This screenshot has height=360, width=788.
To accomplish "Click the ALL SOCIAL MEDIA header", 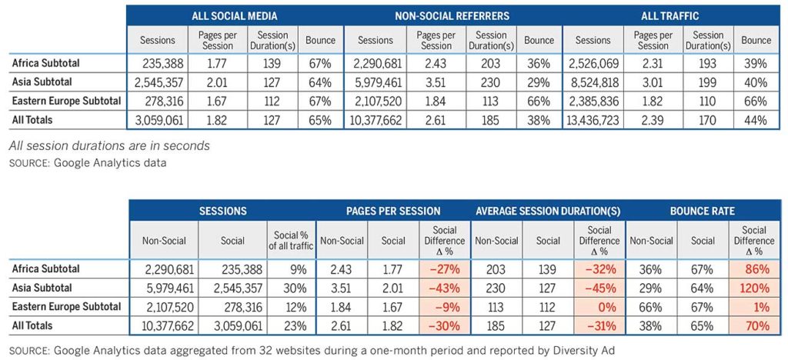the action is [x=235, y=15].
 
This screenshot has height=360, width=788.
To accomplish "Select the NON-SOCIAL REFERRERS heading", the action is [x=452, y=15].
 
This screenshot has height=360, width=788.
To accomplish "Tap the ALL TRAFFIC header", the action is [x=670, y=15].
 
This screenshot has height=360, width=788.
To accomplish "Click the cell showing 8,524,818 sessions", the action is [x=593, y=82].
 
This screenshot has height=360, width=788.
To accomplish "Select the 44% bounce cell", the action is [x=756, y=120].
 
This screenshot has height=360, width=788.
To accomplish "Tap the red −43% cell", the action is [x=445, y=288].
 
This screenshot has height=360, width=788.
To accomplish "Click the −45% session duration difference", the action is [x=599, y=288].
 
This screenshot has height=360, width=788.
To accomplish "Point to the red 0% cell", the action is [x=599, y=307].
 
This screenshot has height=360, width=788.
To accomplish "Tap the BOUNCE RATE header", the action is [x=702, y=212].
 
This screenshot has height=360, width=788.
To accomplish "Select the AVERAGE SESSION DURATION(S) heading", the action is [x=547, y=212].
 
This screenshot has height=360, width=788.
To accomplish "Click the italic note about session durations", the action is [x=109, y=146].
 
